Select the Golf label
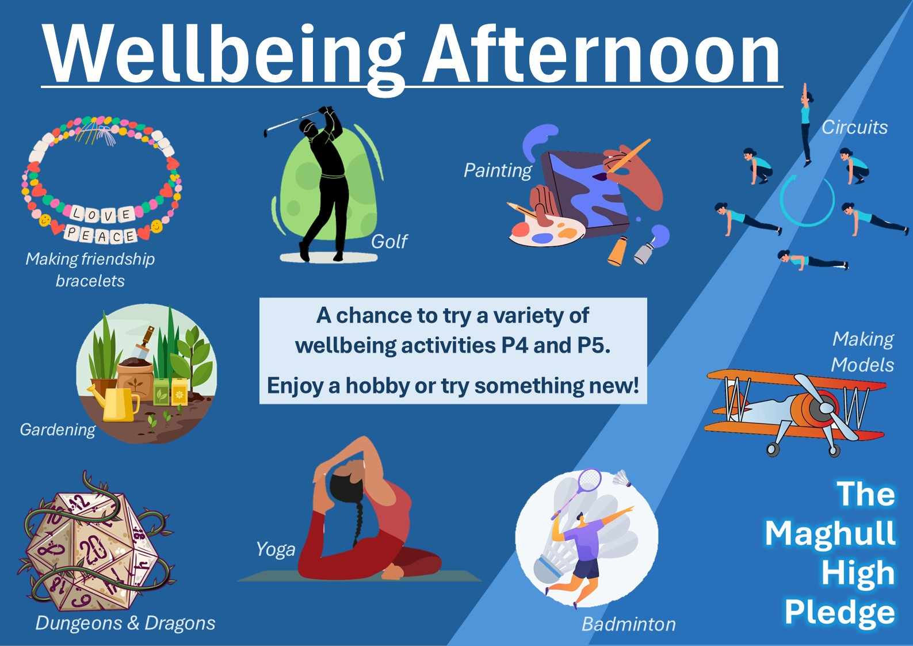(x=389, y=242)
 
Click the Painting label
(x=498, y=170)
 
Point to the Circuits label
(x=854, y=127)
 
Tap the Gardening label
(x=58, y=430)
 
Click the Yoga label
(x=276, y=549)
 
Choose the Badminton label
(x=628, y=624)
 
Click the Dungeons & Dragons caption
(x=125, y=623)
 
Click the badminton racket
(x=577, y=492)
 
